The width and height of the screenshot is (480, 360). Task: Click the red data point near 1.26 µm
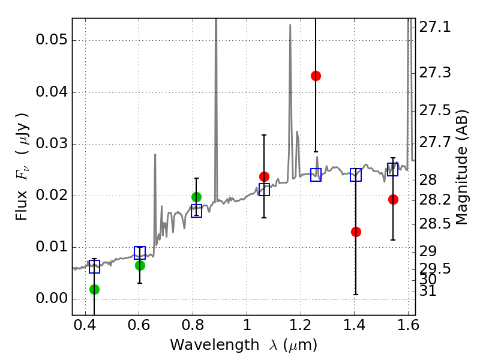316,76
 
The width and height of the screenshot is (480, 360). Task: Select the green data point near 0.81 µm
196,197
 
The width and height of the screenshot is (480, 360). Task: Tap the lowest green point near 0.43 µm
94,289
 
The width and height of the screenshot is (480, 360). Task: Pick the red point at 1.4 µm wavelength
356,232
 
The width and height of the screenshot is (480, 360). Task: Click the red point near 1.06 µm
264,176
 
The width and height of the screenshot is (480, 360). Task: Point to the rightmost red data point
393,199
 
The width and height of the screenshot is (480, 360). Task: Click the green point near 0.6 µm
140,265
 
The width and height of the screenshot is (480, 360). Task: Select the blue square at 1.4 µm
356,175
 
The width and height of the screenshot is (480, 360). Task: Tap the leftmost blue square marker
94,267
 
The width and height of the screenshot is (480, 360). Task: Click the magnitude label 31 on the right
428,292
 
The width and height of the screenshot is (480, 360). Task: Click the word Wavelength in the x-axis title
207,345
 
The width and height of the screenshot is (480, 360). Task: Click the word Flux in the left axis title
22,192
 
